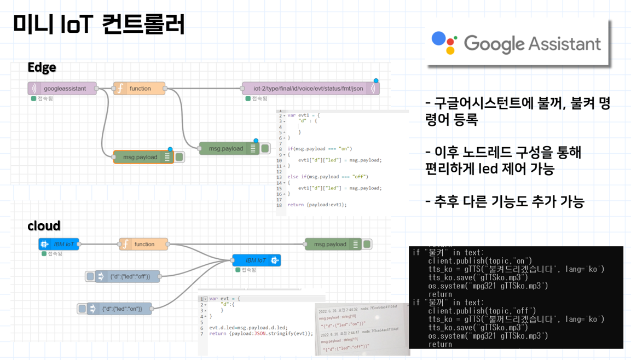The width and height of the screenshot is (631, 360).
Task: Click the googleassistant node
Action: (62, 89)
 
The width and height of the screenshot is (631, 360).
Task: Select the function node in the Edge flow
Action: (140, 89)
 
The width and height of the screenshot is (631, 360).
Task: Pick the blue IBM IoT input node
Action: (59, 244)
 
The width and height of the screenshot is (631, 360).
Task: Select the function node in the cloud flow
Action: (144, 244)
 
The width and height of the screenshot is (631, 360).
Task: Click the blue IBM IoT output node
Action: (257, 260)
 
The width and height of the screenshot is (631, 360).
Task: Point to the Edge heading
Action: (42, 67)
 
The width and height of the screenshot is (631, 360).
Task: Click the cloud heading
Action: (44, 226)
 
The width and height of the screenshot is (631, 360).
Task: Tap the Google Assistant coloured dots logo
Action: (444, 43)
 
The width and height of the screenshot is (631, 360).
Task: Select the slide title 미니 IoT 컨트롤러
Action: (99, 24)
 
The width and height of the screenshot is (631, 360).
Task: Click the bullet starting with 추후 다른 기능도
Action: (505, 202)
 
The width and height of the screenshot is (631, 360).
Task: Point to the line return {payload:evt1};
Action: (317, 205)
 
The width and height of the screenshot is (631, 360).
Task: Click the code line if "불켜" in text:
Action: (448, 252)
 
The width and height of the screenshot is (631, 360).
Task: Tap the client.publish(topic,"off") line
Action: (482, 311)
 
